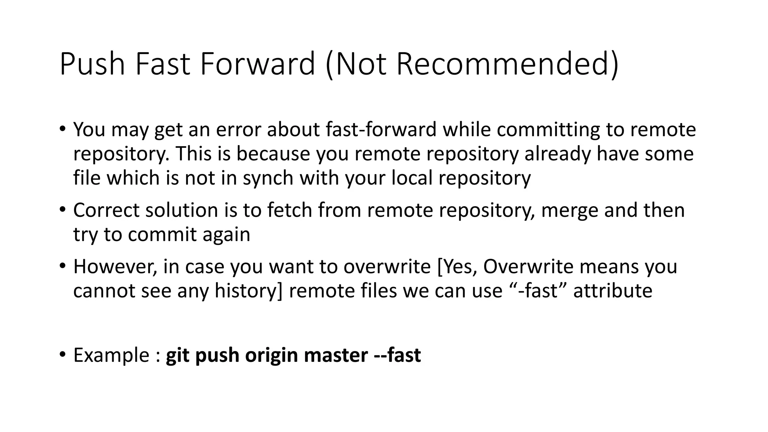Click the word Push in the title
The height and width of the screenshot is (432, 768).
tap(92, 64)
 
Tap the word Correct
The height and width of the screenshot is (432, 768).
tap(106, 210)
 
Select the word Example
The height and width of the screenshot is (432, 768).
tap(111, 355)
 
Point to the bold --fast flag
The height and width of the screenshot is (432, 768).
tap(397, 355)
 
